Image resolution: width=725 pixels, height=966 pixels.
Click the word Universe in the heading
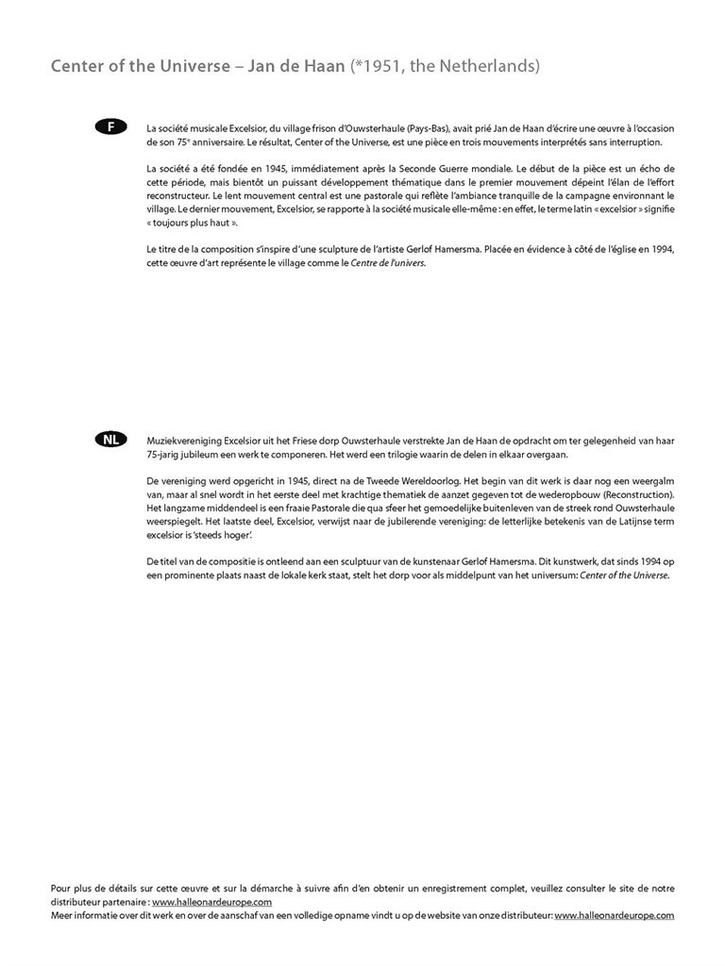tap(194, 67)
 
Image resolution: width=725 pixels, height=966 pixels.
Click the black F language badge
tap(111, 126)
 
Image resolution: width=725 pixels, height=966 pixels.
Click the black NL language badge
tap(111, 440)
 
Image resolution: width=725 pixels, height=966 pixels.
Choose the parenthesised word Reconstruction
tap(635, 495)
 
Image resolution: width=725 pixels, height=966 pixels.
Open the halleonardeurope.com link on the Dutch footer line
tap(615, 915)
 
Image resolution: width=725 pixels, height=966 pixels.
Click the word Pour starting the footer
tap(60, 889)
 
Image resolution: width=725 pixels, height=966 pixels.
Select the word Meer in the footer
tap(62, 915)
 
